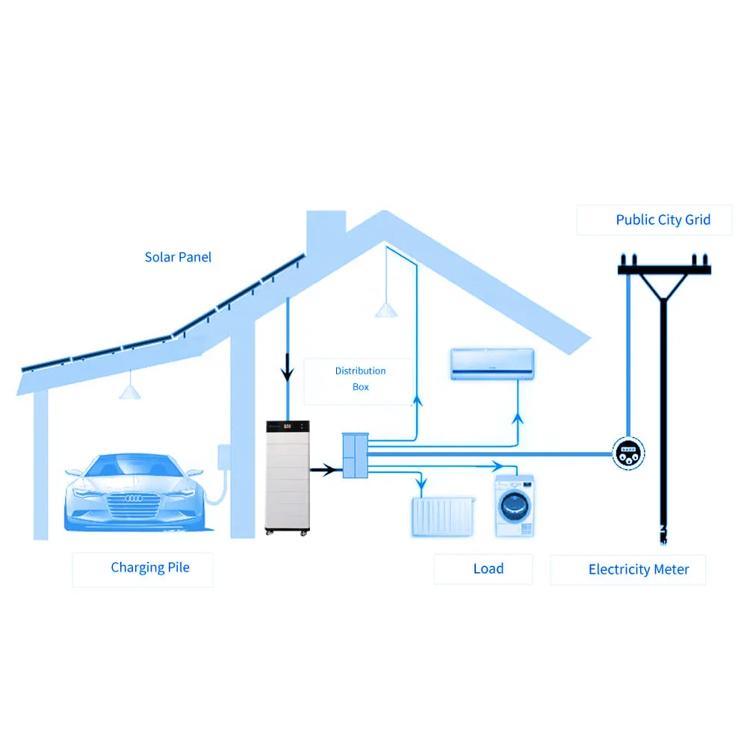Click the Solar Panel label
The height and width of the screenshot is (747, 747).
tap(178, 257)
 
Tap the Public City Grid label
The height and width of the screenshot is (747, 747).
tap(663, 220)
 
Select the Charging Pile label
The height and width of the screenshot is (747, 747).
tap(150, 568)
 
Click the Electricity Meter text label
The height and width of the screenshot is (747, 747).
tap(639, 569)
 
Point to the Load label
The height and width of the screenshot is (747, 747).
tap(489, 568)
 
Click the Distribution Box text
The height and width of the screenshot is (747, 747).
tap(360, 379)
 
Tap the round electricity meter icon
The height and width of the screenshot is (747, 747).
tap(627, 453)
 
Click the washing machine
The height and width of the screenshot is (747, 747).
tap(515, 506)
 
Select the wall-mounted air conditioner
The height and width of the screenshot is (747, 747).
tap(492, 363)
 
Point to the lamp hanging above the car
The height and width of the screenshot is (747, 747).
tap(130, 392)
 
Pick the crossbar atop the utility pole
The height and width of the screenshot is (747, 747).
tap(664, 269)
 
